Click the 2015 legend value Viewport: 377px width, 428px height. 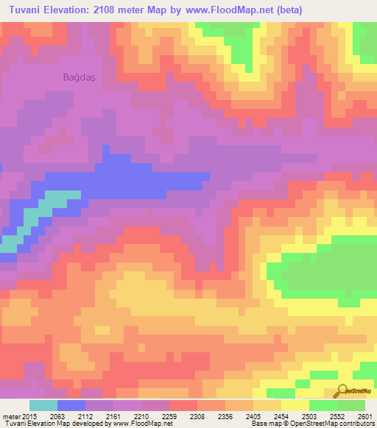click(x=29, y=416)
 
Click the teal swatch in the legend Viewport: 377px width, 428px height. click(x=43, y=406)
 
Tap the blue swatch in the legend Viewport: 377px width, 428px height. click(x=71, y=406)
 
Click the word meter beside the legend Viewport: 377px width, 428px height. click(x=10, y=416)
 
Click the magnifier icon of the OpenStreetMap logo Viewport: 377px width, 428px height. click(x=343, y=390)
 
